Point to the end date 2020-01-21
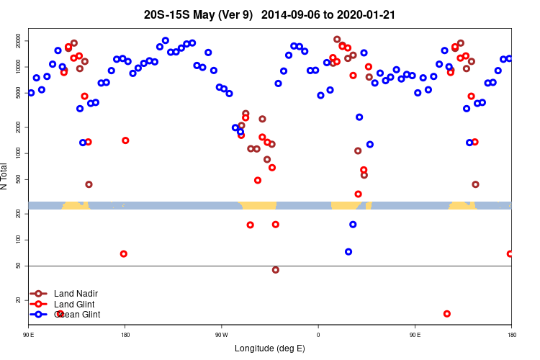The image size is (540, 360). click(x=363, y=14)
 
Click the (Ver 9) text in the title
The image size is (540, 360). click(x=241, y=14)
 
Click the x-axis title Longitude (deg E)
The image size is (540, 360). click(x=270, y=348)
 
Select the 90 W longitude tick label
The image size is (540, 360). click(x=221, y=334)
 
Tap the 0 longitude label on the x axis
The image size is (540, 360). click(x=318, y=334)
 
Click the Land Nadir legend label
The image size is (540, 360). click(x=76, y=294)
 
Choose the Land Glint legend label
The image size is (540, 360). click(x=74, y=305)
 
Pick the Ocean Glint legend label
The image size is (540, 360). click(x=77, y=315)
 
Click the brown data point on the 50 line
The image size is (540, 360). click(x=276, y=270)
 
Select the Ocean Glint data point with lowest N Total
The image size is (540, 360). click(x=348, y=252)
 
